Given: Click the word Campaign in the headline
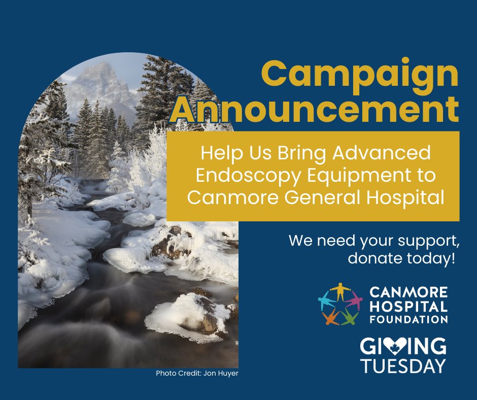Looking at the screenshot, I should [360, 74].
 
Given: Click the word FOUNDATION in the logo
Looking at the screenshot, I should [408, 320].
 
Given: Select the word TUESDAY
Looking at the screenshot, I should [403, 365].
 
